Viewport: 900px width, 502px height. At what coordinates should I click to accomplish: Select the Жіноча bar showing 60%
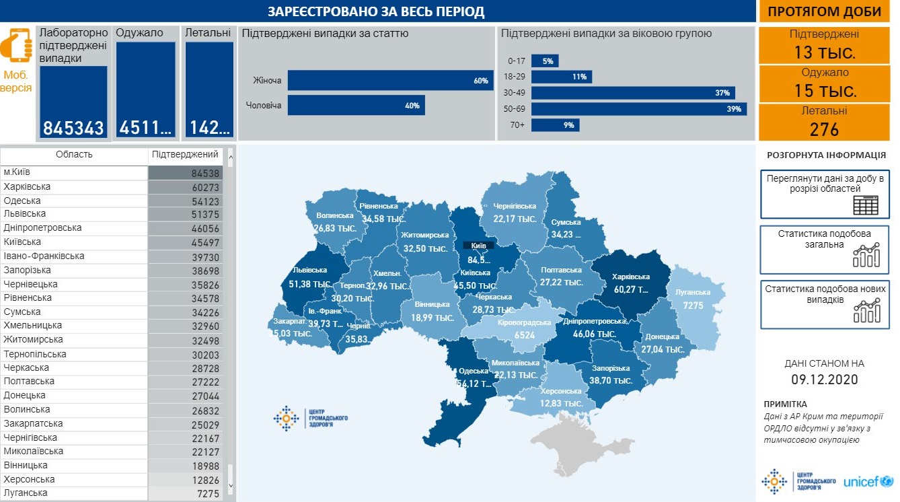click(x=390, y=81)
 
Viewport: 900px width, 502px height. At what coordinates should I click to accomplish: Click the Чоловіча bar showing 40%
click(x=356, y=105)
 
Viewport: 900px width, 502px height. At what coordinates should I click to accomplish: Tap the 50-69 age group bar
click(x=638, y=109)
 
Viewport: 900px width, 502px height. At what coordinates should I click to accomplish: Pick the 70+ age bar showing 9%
click(x=555, y=125)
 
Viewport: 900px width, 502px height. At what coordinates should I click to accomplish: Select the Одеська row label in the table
click(x=22, y=201)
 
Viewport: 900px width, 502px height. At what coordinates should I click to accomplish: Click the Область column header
click(x=74, y=155)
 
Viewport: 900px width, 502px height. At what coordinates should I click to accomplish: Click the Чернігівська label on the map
click(x=515, y=206)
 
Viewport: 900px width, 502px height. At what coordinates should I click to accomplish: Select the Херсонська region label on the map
click(x=560, y=391)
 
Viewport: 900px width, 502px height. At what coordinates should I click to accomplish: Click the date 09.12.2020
click(x=824, y=380)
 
